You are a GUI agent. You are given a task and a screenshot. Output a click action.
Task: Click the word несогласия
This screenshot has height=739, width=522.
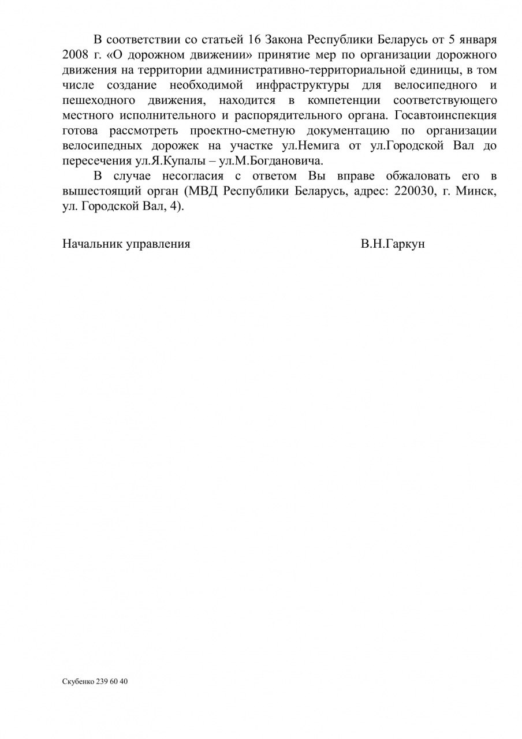point(192,176)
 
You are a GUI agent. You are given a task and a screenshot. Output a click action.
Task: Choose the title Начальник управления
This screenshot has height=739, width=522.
point(126,244)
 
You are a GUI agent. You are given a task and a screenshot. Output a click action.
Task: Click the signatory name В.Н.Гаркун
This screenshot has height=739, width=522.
point(393,244)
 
